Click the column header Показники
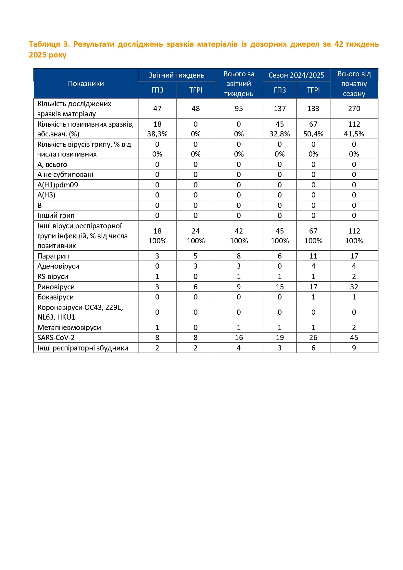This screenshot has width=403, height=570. tap(86, 84)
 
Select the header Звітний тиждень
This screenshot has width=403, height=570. tap(176, 75)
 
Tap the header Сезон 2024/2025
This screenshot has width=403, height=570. tap(296, 75)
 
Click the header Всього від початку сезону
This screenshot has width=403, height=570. tap(354, 84)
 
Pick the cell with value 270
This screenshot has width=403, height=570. tap(354, 109)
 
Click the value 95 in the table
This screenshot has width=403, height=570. tap(239, 109)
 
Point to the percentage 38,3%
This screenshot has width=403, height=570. tap(157, 134)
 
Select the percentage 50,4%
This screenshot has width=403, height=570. tap(313, 134)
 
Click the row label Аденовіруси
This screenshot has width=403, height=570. tap(58, 266)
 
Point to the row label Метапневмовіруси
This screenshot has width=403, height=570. tap(69, 327)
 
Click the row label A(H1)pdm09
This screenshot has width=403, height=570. tap(58, 185)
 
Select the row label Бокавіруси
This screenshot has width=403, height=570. tap(56, 297)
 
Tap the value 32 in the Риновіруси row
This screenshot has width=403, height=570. tap(354, 287)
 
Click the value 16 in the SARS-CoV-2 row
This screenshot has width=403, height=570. tap(239, 338)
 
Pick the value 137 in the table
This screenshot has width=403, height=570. tap(280, 109)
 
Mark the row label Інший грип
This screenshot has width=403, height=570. tap(56, 216)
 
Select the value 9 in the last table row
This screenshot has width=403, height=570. tap(354, 348)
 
